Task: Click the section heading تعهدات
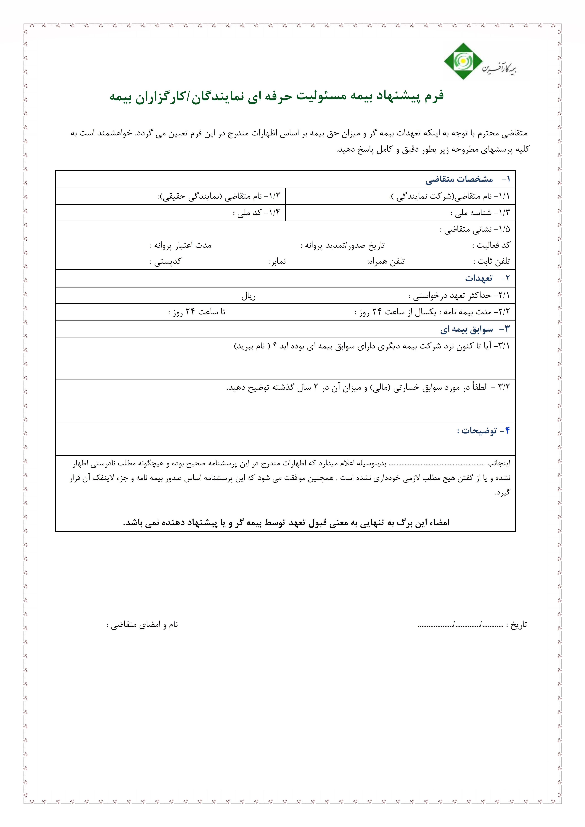click(478, 278)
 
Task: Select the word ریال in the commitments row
click(248, 296)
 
